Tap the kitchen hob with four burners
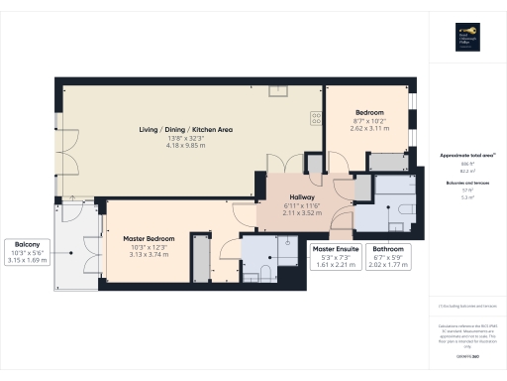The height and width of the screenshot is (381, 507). (x=317, y=118)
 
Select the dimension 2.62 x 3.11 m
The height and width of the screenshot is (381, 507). (x=367, y=129)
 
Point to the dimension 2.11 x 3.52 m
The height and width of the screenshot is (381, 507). (x=296, y=212)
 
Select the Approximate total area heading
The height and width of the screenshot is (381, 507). (x=466, y=156)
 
